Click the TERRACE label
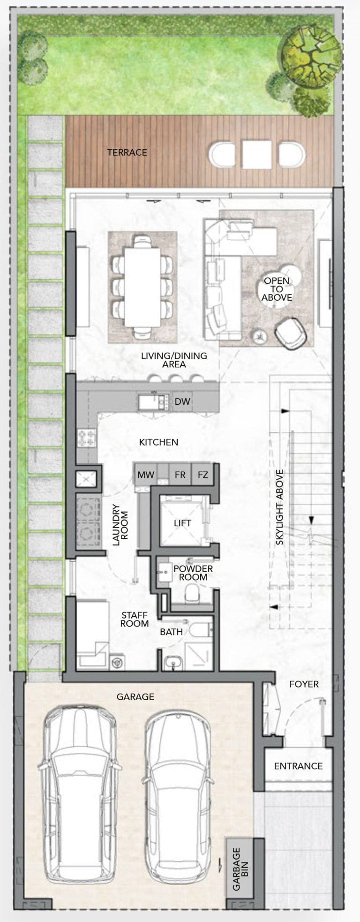pos(127,152)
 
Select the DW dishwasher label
pos(182,401)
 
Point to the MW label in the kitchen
pos(146,475)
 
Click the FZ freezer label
pos(202,475)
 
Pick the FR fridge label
pos(180,475)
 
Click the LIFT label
pos(182,523)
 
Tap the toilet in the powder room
pos(193,593)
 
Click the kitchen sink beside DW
pos(153,401)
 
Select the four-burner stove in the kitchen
pos(87,438)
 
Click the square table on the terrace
pos(257,155)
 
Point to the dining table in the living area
pos(142,287)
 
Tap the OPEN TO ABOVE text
pos(277,289)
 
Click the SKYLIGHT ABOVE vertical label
pos(280,507)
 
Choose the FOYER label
pos(304,684)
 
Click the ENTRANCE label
pos(298,766)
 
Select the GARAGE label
pos(135,697)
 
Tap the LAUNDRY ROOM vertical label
pos(120,525)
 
